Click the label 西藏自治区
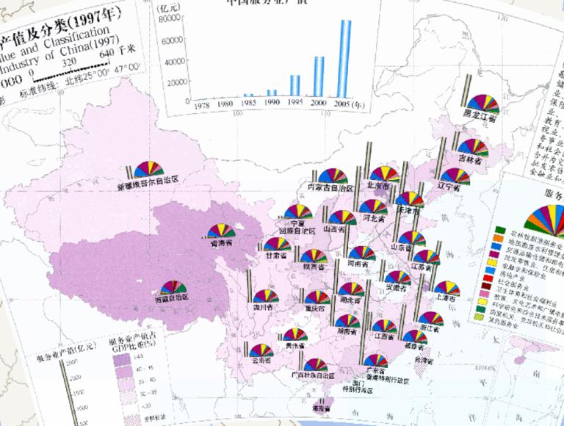[x=171, y=297]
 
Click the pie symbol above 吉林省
[x=472, y=146]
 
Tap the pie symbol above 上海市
[x=446, y=288]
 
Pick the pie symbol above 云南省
[x=260, y=350]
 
